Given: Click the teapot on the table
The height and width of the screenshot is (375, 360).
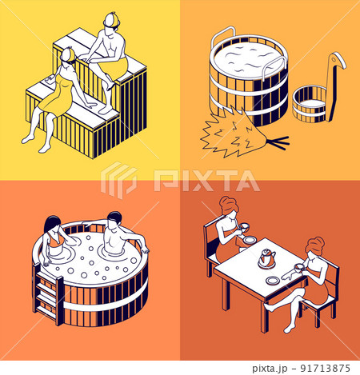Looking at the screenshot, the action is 267,257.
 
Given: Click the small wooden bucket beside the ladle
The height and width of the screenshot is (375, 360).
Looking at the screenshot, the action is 310,103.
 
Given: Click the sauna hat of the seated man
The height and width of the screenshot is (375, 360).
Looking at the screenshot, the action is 111,20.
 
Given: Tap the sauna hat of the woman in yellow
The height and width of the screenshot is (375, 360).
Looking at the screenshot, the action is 68,54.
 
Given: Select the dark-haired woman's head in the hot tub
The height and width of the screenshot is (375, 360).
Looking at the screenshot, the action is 53,224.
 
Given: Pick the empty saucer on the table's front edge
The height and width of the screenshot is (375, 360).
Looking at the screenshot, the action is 273,281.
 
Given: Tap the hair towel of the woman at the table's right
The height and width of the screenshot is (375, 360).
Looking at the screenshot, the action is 315,245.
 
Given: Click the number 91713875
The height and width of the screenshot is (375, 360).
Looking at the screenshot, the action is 325,369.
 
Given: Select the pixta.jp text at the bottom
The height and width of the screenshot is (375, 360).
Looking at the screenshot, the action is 270,369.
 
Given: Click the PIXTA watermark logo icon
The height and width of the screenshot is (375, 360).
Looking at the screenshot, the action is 118,180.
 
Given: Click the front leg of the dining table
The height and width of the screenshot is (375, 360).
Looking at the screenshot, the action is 264,317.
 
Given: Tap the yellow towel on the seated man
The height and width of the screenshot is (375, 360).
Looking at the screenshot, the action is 120,66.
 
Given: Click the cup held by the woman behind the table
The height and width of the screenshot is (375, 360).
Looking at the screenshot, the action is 245,227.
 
